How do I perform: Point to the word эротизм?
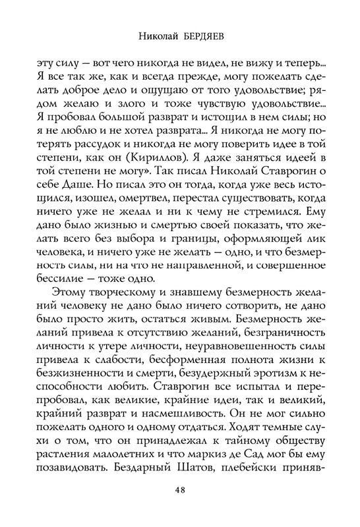272,389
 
